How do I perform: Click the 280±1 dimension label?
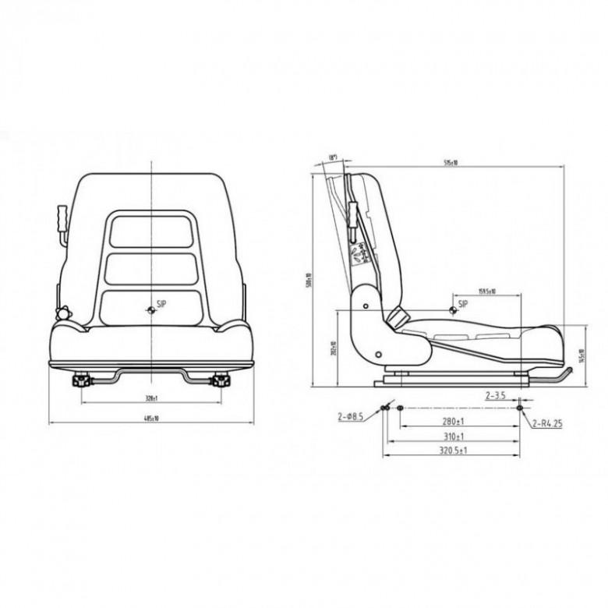[x=453, y=422]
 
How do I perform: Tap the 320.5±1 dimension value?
[x=453, y=451]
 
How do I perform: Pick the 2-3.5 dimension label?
[x=496, y=396]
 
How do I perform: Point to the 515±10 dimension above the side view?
[x=450, y=163]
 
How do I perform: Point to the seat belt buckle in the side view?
[x=398, y=316]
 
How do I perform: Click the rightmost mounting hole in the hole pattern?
[x=520, y=408]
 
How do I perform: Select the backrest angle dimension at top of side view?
[x=333, y=158]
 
